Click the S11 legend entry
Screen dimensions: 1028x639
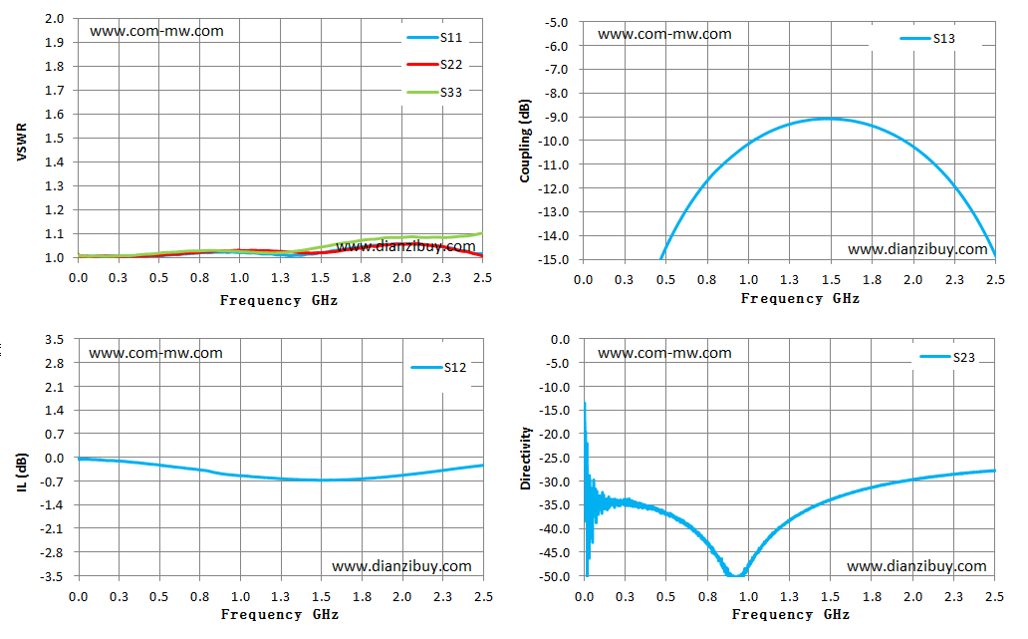click(x=434, y=38)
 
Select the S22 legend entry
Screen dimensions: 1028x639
click(x=434, y=64)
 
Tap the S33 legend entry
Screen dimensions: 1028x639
click(x=434, y=92)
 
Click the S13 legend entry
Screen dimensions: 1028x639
click(x=927, y=39)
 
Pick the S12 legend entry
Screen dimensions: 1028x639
click(x=438, y=368)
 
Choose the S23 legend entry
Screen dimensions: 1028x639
click(x=947, y=357)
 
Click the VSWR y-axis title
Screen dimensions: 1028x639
click(x=22, y=142)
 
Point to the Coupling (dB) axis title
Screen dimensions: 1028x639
click(x=525, y=141)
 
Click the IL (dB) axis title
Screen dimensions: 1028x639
click(x=22, y=472)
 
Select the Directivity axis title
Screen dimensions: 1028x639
click(x=525, y=458)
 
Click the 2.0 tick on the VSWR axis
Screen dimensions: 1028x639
click(x=55, y=18)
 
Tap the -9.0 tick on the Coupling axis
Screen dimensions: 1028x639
click(x=555, y=117)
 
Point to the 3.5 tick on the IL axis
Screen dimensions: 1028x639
click(x=55, y=339)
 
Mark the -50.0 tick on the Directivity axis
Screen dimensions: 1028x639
click(x=553, y=576)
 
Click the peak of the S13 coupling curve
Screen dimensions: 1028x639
click(x=830, y=119)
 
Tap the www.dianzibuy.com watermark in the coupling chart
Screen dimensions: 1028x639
click(x=917, y=249)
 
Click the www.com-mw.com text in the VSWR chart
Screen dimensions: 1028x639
click(x=156, y=31)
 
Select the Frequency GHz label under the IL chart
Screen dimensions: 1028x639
click(x=280, y=614)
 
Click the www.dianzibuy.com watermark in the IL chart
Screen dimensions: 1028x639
click(x=401, y=566)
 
